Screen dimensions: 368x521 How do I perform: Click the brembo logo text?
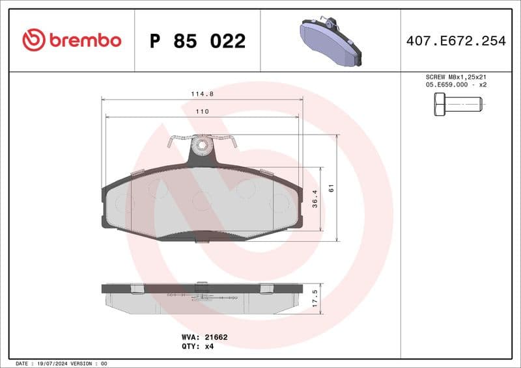(85, 40)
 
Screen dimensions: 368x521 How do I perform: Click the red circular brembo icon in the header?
(34, 40)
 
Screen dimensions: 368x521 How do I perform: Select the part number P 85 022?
(197, 41)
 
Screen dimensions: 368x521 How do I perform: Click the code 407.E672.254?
(456, 41)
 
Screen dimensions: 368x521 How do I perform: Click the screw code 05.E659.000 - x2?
(457, 85)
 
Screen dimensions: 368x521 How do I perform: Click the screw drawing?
(458, 104)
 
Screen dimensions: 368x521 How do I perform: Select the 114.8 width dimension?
(202, 94)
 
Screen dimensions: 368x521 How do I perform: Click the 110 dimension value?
(202, 112)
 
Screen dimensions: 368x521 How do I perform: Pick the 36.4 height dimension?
(315, 198)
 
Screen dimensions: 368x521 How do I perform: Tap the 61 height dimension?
(331, 189)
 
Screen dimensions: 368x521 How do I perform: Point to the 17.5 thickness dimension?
(315, 298)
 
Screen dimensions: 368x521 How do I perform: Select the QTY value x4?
(209, 347)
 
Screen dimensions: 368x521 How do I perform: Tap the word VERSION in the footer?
(83, 363)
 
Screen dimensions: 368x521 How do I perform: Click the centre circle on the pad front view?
(202, 201)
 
